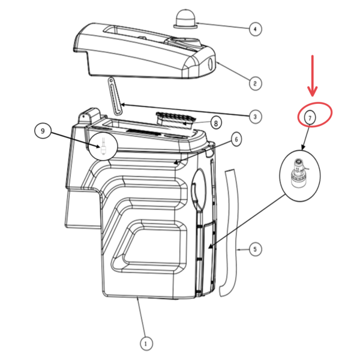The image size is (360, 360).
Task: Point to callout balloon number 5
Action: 255,248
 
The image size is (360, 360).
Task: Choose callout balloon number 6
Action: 236,139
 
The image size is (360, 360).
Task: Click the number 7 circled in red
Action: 310,118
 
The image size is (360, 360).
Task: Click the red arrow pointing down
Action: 312,75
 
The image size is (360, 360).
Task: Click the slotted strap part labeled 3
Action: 115,94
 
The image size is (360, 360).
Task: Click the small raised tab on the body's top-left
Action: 88,116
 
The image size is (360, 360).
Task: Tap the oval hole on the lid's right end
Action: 211,64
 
